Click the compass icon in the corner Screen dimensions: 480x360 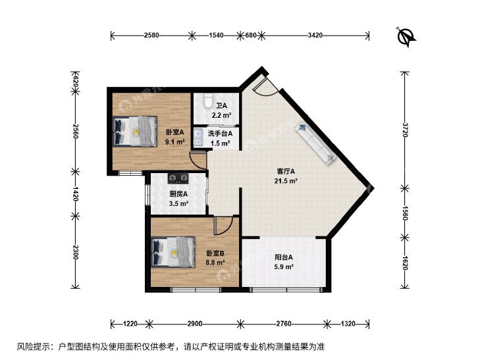tap(406, 37)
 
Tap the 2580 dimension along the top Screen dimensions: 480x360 tap(151, 35)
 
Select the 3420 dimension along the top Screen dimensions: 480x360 tap(315, 35)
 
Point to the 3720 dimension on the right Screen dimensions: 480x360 tap(406, 130)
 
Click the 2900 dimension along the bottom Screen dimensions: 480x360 tap(195, 323)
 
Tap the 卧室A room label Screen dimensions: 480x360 tap(174, 132)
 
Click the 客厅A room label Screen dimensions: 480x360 tap(286, 171)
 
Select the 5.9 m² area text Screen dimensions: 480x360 tap(284, 267)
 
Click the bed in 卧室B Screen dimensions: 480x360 tap(173, 252)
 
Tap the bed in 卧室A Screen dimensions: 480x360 tap(135, 131)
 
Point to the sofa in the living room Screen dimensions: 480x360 tap(315, 143)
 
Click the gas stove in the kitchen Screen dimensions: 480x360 tap(178, 178)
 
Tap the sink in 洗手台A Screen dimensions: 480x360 tap(198, 138)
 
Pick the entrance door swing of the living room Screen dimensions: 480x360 tap(265, 86)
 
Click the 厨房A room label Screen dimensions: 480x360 tap(178, 194)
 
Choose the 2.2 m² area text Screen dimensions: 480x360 tap(221, 115)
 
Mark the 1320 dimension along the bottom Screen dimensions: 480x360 tap(348, 323)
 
